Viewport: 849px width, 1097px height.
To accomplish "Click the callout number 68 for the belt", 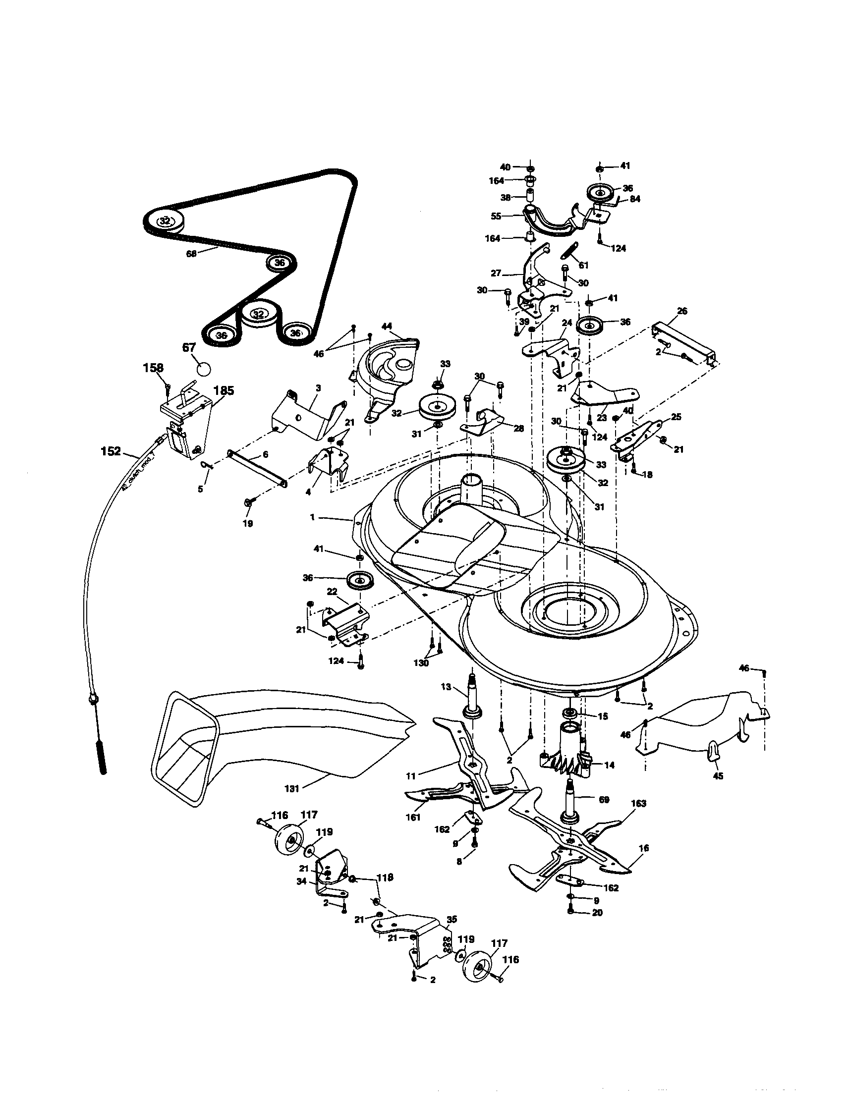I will click(191, 254).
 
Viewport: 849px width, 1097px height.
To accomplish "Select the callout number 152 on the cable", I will click(111, 451).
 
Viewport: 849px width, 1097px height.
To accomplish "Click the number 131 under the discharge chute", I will click(291, 789).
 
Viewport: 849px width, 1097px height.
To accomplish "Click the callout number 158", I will click(153, 368).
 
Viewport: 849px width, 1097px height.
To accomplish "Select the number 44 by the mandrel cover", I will click(387, 327).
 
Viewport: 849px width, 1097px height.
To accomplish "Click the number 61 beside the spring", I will click(583, 265).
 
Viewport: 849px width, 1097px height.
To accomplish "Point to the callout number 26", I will click(681, 311).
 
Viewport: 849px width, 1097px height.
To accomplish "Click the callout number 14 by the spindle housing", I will click(610, 765).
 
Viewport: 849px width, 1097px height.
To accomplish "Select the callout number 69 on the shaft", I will click(604, 800).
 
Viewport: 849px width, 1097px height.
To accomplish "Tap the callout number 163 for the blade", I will click(638, 804).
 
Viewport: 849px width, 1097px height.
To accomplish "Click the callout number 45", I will click(718, 776).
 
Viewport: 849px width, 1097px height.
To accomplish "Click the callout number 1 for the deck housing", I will click(312, 517).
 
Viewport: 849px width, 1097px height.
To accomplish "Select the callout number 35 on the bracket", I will click(452, 920).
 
